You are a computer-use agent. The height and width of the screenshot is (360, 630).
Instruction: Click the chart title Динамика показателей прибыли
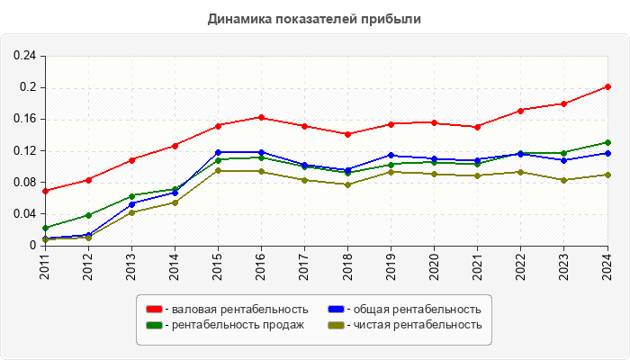click(x=315, y=18)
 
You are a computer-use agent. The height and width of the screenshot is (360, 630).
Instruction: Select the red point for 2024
click(x=608, y=86)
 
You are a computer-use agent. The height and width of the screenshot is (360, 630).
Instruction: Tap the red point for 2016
click(x=261, y=117)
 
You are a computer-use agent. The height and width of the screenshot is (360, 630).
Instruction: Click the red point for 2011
click(x=45, y=191)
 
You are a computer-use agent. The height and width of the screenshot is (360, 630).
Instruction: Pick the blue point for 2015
click(x=218, y=152)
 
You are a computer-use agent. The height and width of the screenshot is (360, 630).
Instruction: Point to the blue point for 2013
click(x=131, y=204)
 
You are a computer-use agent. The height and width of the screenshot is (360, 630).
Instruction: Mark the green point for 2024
click(x=608, y=142)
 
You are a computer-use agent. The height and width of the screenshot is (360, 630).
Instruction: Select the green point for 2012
click(x=88, y=215)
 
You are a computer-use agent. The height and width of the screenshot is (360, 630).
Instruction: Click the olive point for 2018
click(x=348, y=184)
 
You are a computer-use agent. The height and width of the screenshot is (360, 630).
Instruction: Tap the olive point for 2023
click(x=564, y=180)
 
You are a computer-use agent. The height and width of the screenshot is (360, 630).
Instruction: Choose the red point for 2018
click(x=348, y=134)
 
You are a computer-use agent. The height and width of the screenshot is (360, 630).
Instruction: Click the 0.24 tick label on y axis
click(x=24, y=56)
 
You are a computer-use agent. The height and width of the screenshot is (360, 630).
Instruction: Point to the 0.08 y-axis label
click(x=24, y=183)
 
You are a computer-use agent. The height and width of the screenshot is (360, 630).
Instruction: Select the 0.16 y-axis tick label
click(x=24, y=119)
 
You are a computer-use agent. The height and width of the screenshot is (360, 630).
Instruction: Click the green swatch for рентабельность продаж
click(x=154, y=325)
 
